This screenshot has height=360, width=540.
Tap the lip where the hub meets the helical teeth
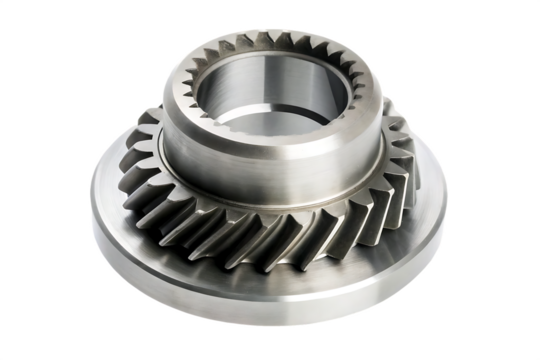coord(270,197)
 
